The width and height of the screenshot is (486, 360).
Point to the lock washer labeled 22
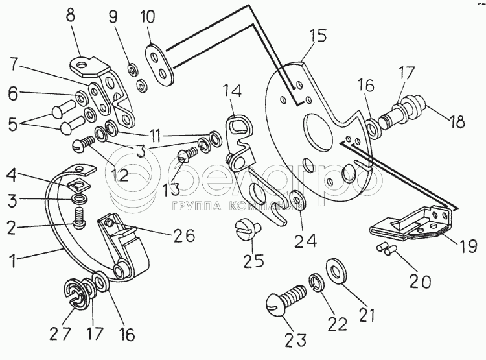click(316, 282)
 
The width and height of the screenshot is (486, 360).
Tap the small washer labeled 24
click(298, 200)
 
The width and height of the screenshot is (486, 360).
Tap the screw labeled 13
click(185, 156)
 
